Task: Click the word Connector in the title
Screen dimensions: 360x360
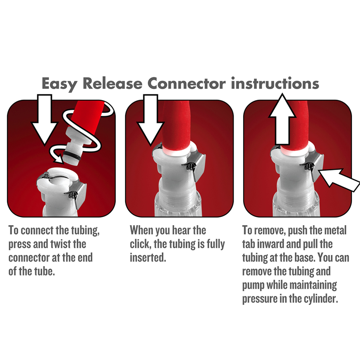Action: click(x=186, y=83)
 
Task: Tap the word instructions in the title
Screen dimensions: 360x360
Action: click(x=275, y=83)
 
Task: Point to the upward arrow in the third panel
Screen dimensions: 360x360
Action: click(x=282, y=119)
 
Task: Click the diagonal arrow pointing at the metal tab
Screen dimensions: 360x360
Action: click(x=339, y=180)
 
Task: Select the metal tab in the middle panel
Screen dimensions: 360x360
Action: click(x=196, y=166)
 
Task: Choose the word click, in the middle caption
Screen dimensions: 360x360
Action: click(x=140, y=244)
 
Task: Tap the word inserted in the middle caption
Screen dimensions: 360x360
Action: click(x=148, y=258)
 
